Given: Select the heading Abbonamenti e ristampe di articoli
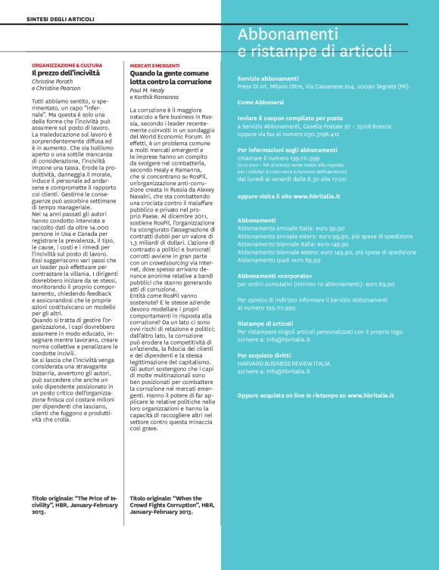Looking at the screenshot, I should pyautogui.click(x=314, y=43).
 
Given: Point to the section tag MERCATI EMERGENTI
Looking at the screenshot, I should pyautogui.click(x=154, y=66).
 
